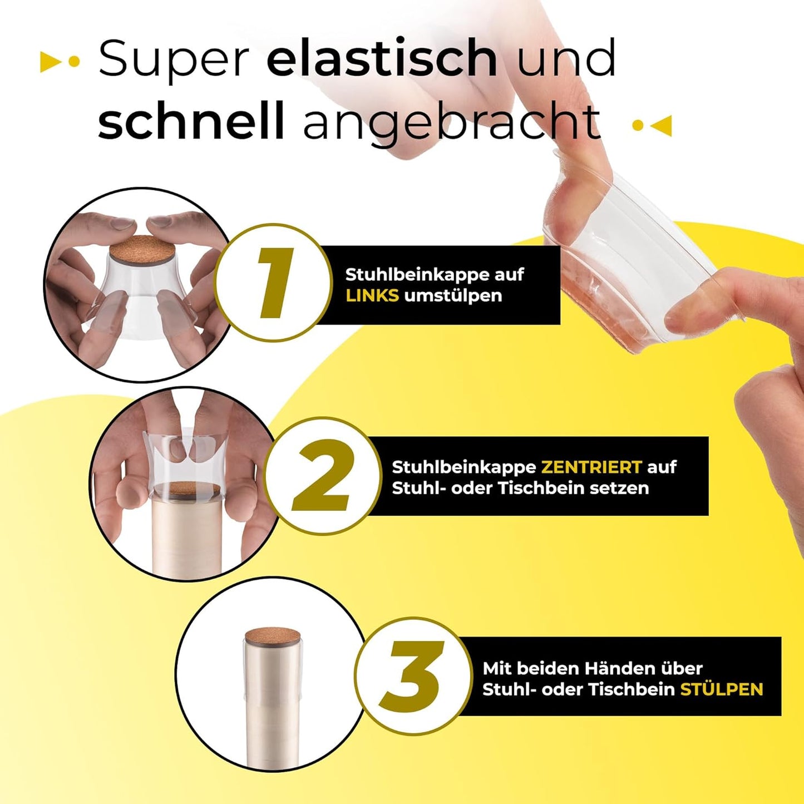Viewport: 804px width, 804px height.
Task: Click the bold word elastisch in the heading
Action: [382, 58]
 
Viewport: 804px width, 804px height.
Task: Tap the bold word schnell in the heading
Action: [191, 121]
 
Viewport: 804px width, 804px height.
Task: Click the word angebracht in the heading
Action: [452, 124]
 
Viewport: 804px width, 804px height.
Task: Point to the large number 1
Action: [274, 283]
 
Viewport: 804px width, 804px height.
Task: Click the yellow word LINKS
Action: [372, 295]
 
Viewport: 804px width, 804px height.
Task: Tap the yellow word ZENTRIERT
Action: [591, 467]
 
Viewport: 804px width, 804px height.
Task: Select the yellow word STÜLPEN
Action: [722, 689]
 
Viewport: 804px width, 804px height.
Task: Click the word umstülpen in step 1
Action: [453, 295]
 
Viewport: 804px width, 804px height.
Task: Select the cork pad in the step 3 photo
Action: [273, 635]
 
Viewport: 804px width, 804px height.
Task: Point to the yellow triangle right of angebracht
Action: [663, 125]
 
